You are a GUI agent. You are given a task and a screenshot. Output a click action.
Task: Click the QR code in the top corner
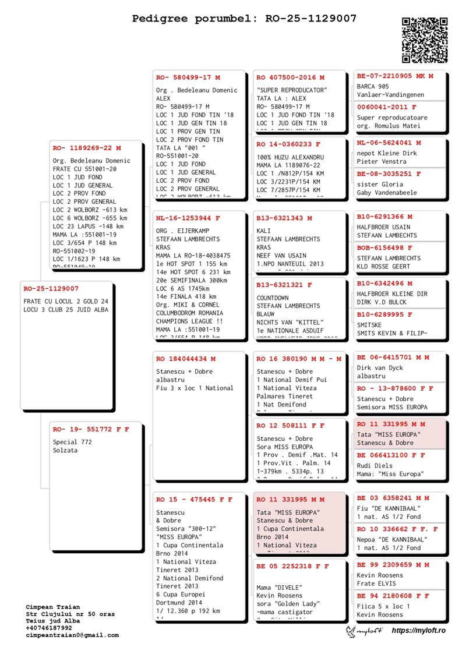[x=425, y=40]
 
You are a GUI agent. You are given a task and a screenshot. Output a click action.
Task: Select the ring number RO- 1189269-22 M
[x=87, y=148]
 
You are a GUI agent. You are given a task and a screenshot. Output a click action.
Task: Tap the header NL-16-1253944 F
[x=188, y=218]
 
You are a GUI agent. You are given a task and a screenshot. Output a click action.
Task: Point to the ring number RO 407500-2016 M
[x=290, y=77]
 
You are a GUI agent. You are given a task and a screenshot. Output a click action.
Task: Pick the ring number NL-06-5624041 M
[x=389, y=143]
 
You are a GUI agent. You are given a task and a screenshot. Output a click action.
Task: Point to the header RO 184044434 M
[x=185, y=359]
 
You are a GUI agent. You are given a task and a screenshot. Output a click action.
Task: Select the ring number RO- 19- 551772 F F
[x=91, y=429]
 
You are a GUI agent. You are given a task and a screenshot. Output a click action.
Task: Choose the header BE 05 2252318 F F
[x=292, y=565]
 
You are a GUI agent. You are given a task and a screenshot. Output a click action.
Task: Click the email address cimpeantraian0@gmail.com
[x=72, y=635]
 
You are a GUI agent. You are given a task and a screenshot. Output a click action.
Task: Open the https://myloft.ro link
[x=418, y=631]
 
